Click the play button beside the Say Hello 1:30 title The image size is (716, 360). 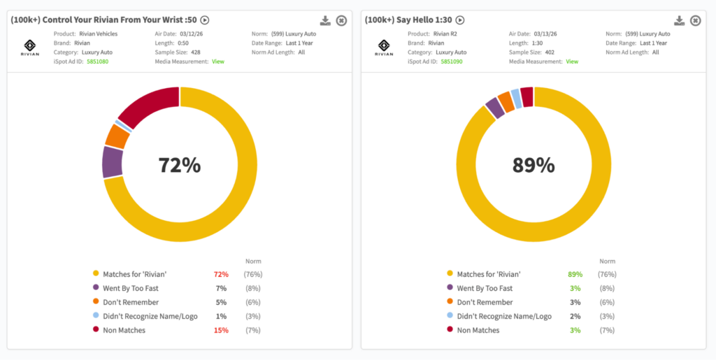pos(460,21)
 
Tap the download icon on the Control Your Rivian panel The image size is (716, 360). pos(325,21)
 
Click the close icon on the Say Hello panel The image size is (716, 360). pos(695,21)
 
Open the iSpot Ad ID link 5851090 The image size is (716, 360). pos(451,62)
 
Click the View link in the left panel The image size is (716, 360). pos(218,62)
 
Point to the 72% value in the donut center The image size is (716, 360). pos(180,166)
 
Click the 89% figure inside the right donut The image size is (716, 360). pos(534,166)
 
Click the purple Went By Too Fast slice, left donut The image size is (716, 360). pos(112,162)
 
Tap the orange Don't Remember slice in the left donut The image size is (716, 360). pos(117,136)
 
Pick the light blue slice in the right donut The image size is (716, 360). pos(516,99)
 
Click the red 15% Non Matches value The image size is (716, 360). pos(220,330)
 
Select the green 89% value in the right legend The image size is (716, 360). pos(573,274)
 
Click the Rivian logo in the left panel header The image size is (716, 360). pos(30,46)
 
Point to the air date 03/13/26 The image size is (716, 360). pos(548,34)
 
